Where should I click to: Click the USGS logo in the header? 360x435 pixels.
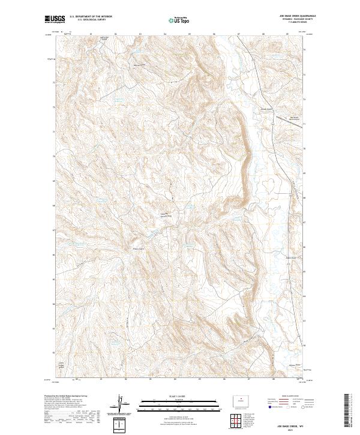pyautogui.click(x=55, y=19)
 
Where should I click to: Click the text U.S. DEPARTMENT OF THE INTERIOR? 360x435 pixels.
pyautogui.click(x=91, y=17)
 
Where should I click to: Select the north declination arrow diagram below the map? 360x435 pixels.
pyautogui.click(x=122, y=405)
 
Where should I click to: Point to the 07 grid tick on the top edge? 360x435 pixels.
pyautogui.click(x=239, y=34)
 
